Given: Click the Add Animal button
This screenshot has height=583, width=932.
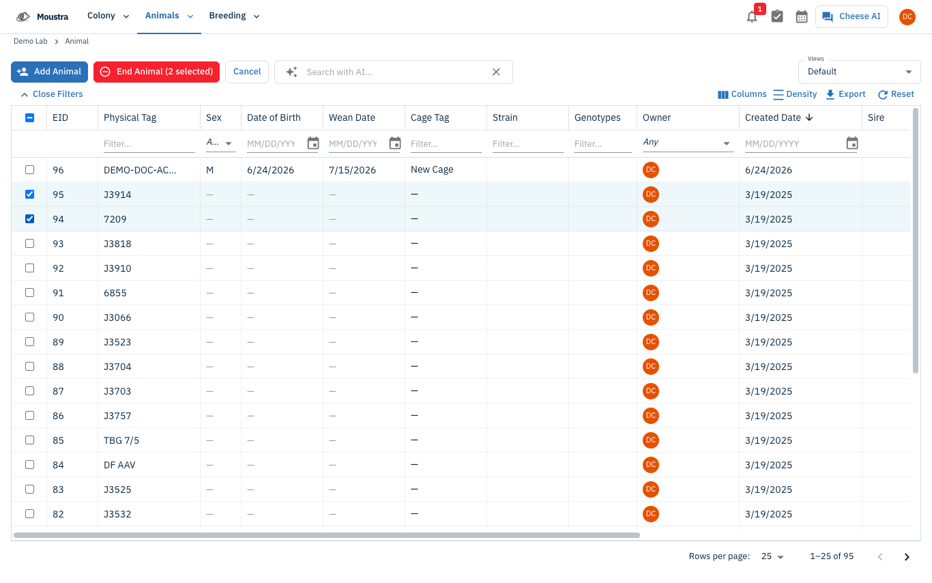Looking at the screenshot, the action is click(x=49, y=72).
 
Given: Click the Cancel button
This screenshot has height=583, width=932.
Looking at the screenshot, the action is click(x=247, y=72).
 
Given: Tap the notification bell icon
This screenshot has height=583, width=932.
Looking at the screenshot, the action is click(x=752, y=16).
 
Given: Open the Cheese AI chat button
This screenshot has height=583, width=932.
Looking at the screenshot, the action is click(x=851, y=16).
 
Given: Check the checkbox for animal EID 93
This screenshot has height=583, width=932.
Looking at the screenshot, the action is click(x=29, y=243).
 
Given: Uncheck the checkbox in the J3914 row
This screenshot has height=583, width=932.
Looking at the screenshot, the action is click(x=29, y=194).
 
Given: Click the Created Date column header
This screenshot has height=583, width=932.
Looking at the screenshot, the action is click(x=772, y=117).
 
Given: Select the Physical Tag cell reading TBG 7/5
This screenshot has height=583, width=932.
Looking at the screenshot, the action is click(x=121, y=440).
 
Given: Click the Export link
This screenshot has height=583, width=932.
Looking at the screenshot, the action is click(x=845, y=94).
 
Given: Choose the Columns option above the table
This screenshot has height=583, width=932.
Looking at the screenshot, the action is click(x=742, y=94).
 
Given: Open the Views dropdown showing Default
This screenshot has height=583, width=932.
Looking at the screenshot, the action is click(x=859, y=72).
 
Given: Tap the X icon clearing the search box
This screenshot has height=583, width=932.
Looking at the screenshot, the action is click(x=496, y=72).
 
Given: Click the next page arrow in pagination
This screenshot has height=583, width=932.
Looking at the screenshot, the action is click(x=907, y=557).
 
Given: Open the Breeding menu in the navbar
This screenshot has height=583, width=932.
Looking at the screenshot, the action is click(x=234, y=16).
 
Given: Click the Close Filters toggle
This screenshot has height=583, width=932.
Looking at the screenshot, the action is click(x=52, y=94).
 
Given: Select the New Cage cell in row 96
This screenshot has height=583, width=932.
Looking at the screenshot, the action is click(x=432, y=169).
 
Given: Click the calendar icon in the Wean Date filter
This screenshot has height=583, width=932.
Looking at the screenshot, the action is click(x=395, y=143).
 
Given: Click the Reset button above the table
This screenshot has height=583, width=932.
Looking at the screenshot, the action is click(x=896, y=94).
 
